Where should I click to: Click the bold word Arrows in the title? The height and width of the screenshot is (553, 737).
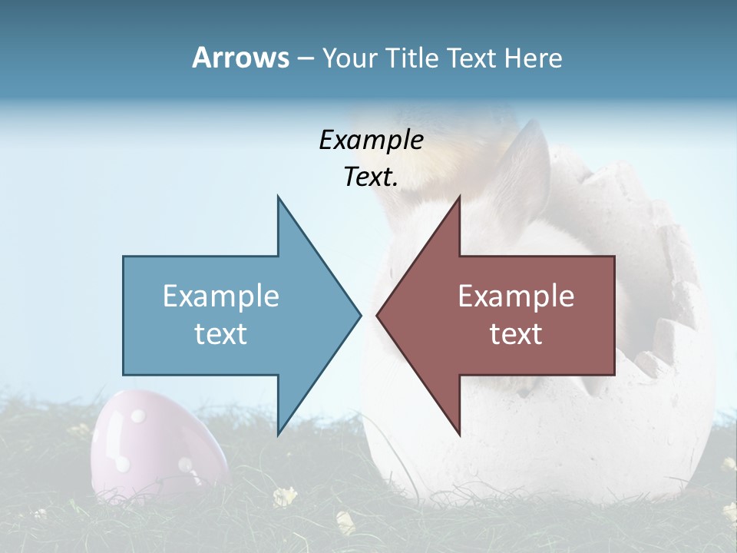coord(241,58)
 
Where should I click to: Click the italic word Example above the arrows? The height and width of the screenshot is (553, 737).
coord(371,141)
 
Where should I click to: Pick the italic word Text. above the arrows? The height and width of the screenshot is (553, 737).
coord(371,177)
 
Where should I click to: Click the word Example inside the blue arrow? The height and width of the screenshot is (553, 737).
coord(221,296)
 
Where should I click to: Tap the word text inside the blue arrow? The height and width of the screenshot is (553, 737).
coord(221,334)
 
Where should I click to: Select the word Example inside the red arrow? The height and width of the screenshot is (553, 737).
coord(516,296)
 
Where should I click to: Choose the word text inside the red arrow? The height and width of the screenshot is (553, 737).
coord(516,334)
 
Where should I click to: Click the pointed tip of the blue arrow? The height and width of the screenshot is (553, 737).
coord(359,315)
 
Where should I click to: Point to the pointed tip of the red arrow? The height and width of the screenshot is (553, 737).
coord(378,315)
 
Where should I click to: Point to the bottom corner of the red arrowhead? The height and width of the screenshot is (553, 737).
coord(459,432)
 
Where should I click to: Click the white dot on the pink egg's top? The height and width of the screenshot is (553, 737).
coord(137,416)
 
